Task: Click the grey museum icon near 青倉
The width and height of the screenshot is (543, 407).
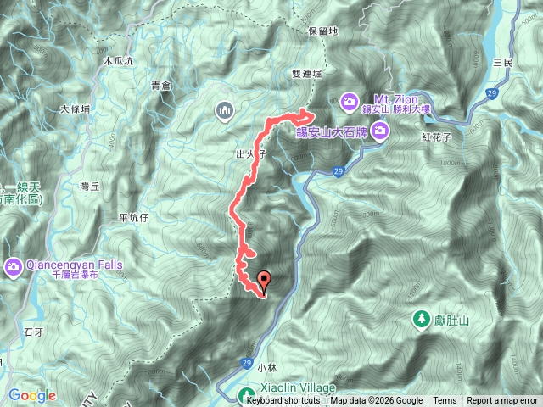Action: pyautogui.click(x=225, y=109)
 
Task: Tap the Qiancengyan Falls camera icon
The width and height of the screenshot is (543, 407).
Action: pyautogui.click(x=14, y=269)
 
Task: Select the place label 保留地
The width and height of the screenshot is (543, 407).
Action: pyautogui.click(x=324, y=31)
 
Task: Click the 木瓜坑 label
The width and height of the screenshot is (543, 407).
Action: pyautogui.click(x=118, y=62)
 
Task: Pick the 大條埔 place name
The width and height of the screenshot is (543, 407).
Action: pyautogui.click(x=76, y=109)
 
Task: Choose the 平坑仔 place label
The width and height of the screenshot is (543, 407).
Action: pyautogui.click(x=135, y=217)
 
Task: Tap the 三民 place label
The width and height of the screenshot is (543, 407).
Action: pyautogui.click(x=503, y=63)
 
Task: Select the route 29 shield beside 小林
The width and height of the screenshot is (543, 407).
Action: pyautogui.click(x=246, y=364)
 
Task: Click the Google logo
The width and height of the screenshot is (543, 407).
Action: pyautogui.click(x=32, y=395)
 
